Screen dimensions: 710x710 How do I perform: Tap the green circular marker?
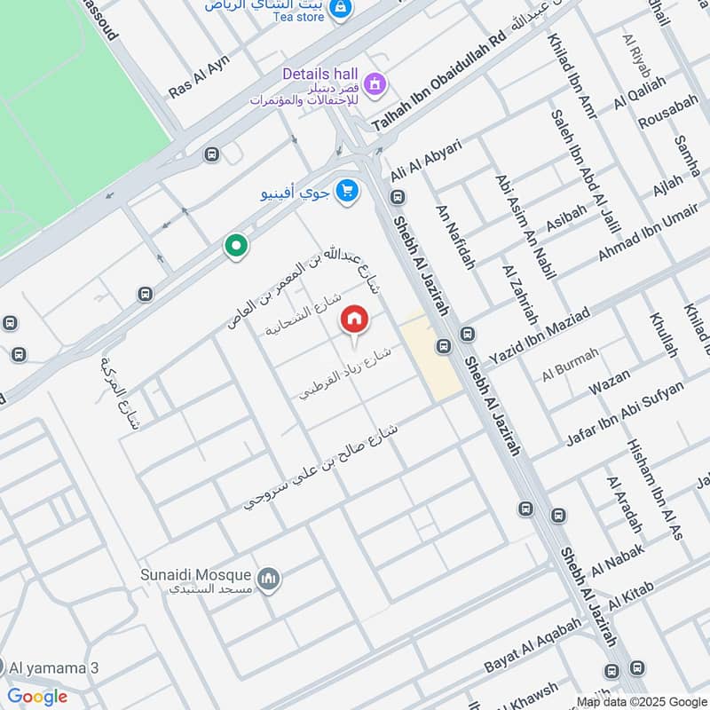235,245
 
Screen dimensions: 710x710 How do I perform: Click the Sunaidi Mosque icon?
268,581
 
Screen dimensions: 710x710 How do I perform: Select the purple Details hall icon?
375,83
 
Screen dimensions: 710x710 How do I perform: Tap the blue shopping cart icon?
347,190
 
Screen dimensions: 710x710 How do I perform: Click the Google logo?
37,697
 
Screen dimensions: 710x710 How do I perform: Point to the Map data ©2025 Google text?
636,701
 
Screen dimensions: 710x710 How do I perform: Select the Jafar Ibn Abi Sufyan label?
626,414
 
